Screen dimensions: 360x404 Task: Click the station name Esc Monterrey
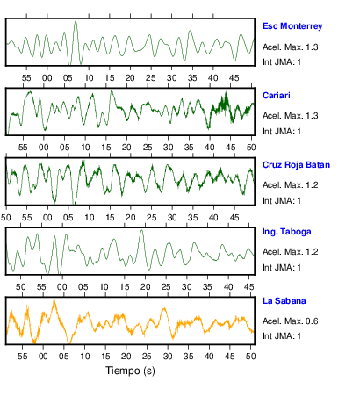292,26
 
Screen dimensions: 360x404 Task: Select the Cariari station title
277,96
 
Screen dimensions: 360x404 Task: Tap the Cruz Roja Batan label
296,165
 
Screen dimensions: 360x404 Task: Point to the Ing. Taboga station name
287,232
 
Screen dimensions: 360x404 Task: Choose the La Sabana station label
284,301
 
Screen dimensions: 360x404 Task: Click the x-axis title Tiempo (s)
130,371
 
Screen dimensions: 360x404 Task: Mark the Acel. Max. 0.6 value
291,321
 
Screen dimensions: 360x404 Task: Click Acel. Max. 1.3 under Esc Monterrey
291,47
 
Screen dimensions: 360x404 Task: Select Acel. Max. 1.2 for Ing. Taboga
291,252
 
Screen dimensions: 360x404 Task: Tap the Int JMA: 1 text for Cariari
282,132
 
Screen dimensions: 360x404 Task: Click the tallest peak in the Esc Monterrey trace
76,22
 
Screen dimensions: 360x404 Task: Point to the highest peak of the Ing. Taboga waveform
142,231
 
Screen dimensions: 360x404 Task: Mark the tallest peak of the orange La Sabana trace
54,301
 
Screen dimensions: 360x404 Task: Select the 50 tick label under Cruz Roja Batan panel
5,218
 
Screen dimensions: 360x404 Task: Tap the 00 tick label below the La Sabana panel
43,356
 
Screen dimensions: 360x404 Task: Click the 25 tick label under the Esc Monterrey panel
151,78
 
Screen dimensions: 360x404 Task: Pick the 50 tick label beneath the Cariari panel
251,148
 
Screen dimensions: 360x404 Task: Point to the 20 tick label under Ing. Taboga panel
145,286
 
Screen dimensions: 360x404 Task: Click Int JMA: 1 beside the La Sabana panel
282,336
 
